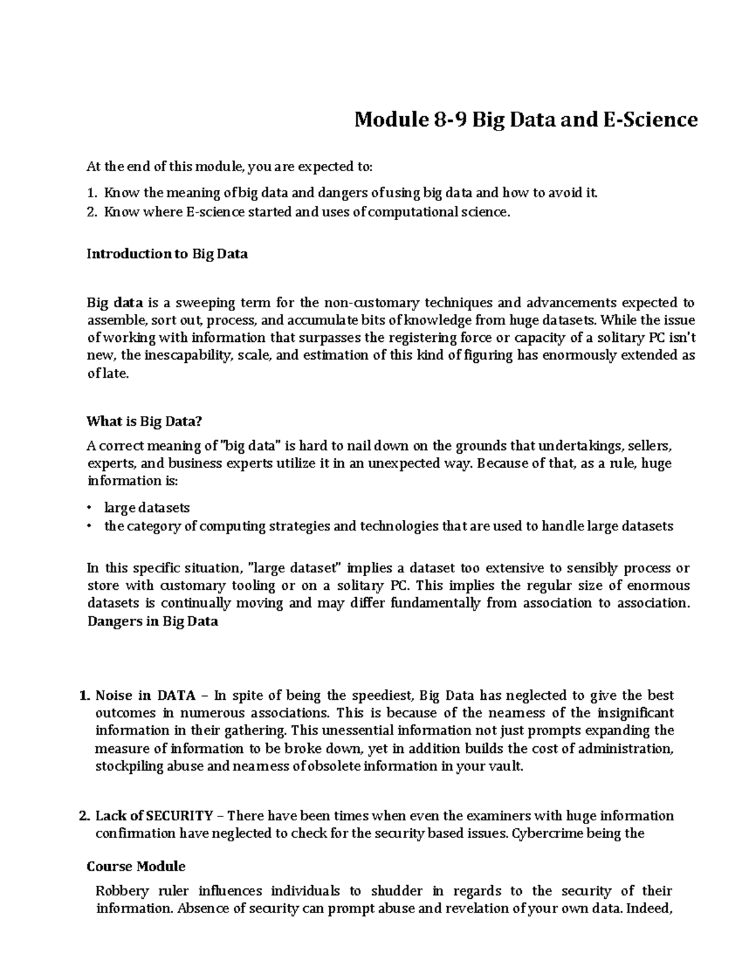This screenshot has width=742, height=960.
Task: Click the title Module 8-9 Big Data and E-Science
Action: (526, 119)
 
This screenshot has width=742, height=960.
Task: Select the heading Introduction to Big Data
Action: (167, 253)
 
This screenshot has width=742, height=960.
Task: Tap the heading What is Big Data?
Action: (145, 422)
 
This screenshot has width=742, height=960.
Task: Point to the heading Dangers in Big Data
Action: (152, 621)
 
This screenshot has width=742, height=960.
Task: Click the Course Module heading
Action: (136, 866)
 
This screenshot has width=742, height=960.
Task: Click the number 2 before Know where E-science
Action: (91, 213)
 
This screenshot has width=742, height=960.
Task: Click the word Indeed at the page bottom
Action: (652, 909)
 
